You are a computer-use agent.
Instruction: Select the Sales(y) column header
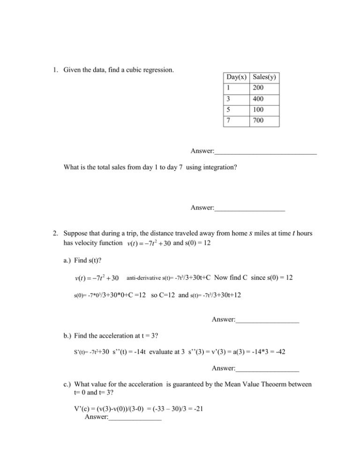[266, 77]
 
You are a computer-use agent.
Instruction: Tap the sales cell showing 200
[258, 88]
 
